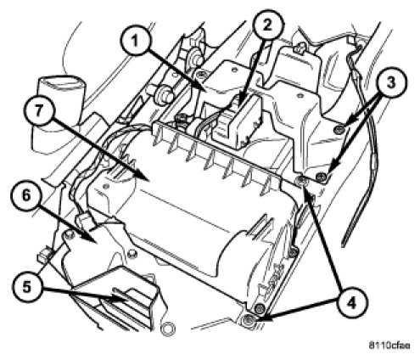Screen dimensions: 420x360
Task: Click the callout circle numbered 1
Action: click(x=135, y=42)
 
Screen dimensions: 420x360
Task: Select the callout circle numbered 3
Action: click(x=390, y=82)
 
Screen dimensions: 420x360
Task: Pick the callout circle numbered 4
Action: click(x=351, y=303)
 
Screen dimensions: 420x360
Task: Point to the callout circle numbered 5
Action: click(x=27, y=288)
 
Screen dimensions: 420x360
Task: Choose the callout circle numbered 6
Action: click(x=26, y=196)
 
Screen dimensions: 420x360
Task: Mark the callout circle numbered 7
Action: click(x=39, y=110)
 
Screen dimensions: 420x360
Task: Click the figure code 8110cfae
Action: click(x=389, y=346)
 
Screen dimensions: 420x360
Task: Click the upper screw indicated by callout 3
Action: click(x=339, y=130)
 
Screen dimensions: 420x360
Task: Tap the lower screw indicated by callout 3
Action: click(x=321, y=177)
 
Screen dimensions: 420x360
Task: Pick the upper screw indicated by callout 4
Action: click(x=300, y=179)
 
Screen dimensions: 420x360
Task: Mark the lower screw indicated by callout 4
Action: click(x=249, y=320)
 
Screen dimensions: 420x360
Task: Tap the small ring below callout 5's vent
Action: click(x=167, y=328)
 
